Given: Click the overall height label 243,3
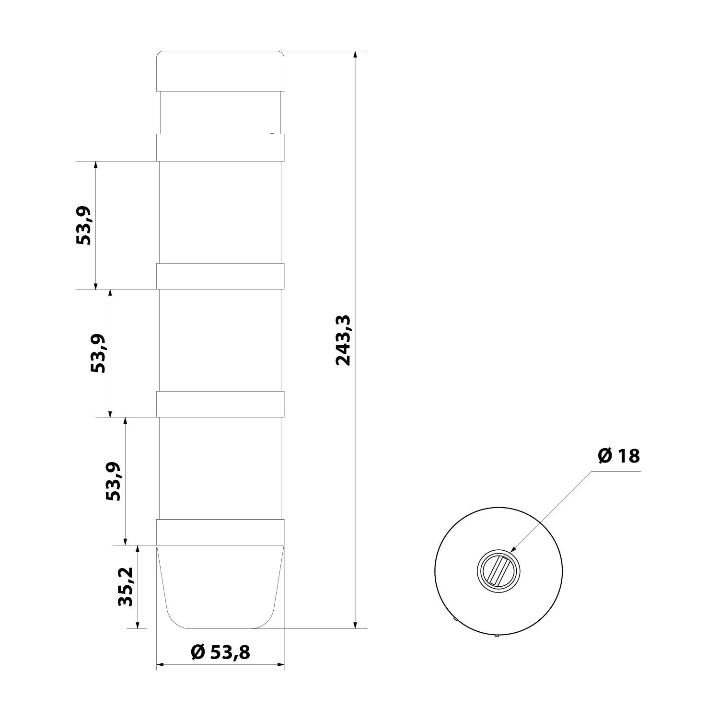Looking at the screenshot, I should (x=343, y=340).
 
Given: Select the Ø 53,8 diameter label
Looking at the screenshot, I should (x=220, y=652).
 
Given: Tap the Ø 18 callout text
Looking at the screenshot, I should (x=619, y=456).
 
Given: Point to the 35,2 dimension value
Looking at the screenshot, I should (x=126, y=587).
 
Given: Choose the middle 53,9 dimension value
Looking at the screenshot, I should (x=98, y=353).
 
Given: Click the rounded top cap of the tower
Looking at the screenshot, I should (x=220, y=70).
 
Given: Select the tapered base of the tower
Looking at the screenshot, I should (x=220, y=587).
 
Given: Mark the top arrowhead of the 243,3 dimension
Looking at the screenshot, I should (x=355, y=54).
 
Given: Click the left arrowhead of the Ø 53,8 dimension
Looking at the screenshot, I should (x=161, y=665).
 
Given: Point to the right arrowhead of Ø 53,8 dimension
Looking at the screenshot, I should (x=281, y=665).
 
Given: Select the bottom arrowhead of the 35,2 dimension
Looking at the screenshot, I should (x=138, y=625).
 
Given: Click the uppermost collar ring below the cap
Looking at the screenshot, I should (x=220, y=148).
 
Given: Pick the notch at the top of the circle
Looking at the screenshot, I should (x=499, y=507).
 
